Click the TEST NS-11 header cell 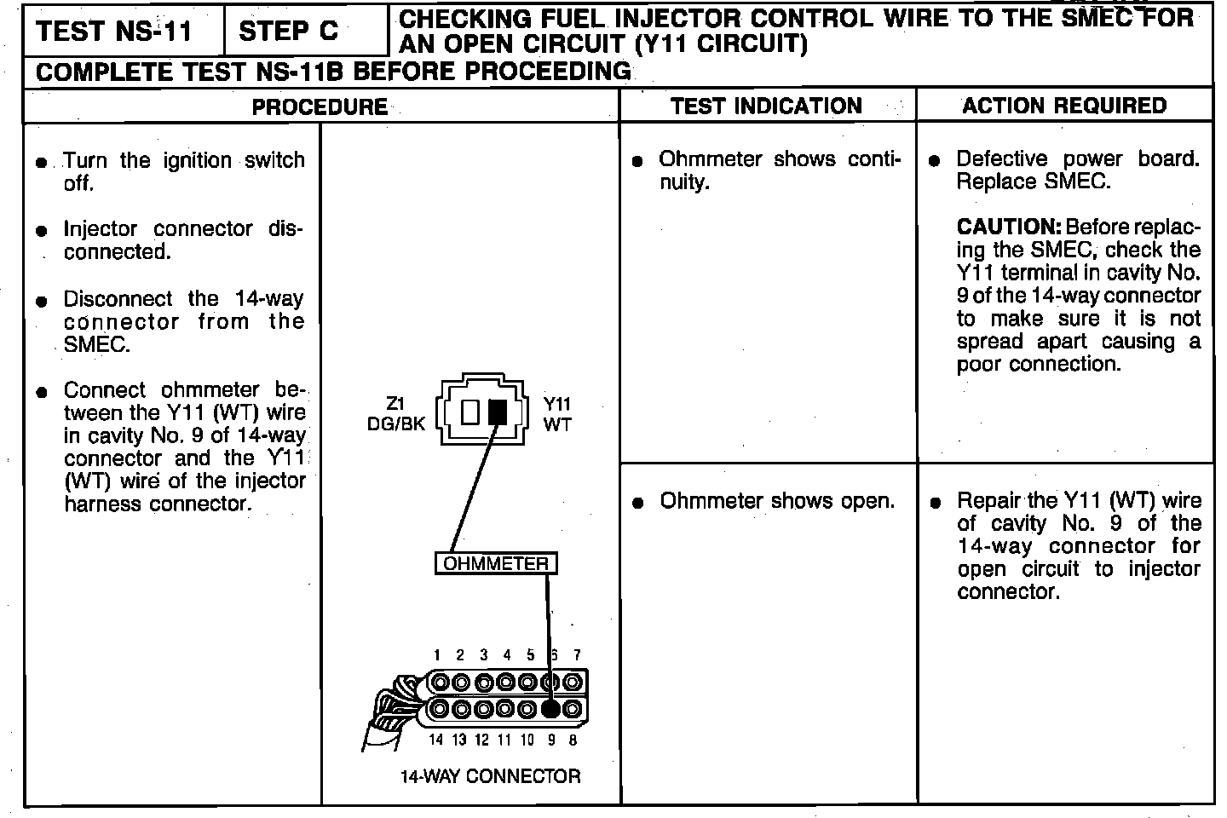pos(114,32)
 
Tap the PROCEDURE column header pos(320,107)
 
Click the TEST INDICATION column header pos(766,106)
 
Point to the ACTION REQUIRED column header pos(1064,106)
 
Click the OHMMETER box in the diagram pos(496,563)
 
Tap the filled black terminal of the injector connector pos(498,412)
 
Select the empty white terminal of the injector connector pos(470,412)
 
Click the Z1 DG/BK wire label pos(396,414)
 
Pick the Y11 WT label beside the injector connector pos(557,414)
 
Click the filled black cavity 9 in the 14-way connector pos(551,709)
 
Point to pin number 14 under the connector pos(435,740)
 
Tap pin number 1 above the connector pos(436,655)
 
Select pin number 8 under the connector pos(573,740)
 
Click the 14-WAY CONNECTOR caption pos(490,776)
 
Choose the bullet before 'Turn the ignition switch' pos(41,163)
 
